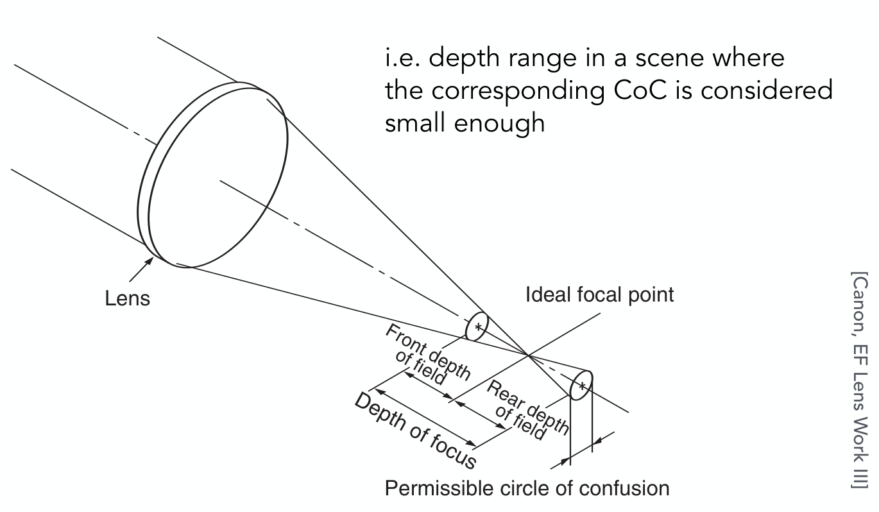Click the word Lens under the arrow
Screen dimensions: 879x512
pyautogui.click(x=128, y=298)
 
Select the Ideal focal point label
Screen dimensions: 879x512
pyautogui.click(x=600, y=295)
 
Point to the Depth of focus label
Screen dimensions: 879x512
pyautogui.click(x=416, y=431)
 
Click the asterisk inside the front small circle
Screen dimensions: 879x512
pyautogui.click(x=478, y=327)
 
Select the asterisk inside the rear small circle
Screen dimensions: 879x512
pyautogui.click(x=583, y=386)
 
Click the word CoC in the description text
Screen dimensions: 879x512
pyautogui.click(x=640, y=90)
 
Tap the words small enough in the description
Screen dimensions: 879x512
pyautogui.click(x=465, y=123)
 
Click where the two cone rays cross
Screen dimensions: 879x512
pyautogui.click(x=528, y=355)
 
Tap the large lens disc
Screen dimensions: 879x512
pyautogui.click(x=218, y=177)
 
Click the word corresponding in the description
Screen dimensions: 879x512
pyautogui.click(x=518, y=91)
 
